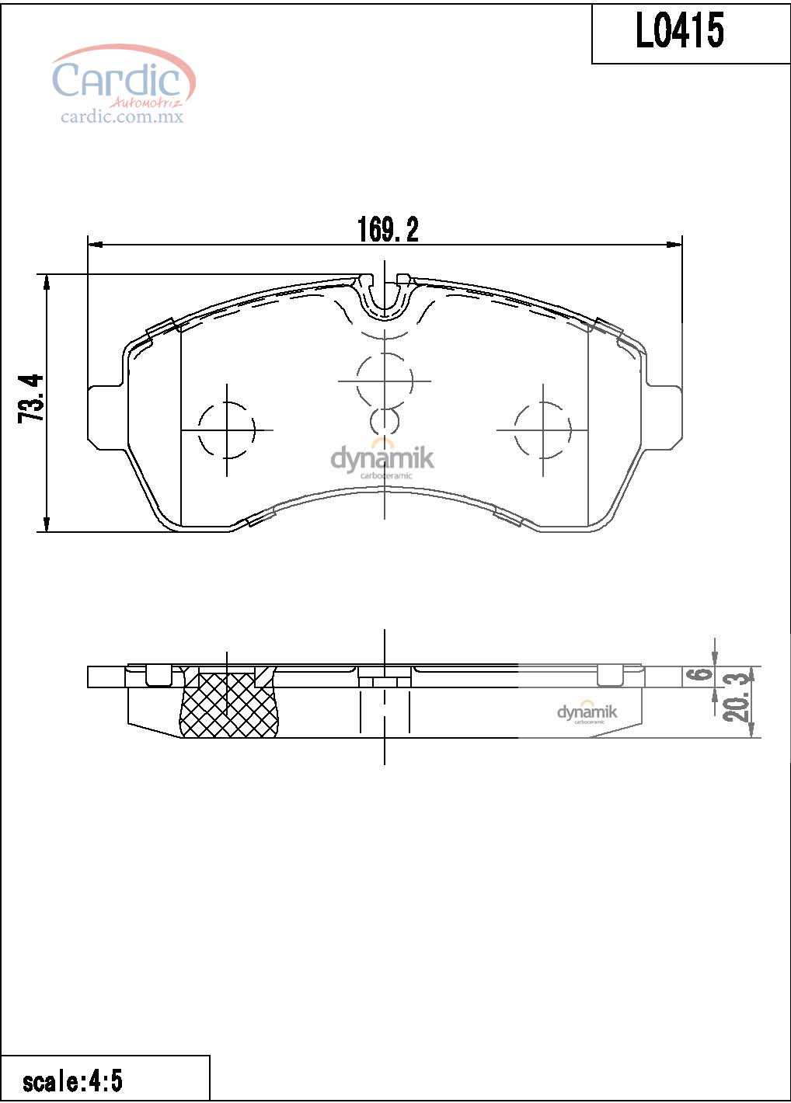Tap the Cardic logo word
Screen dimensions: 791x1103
click(117, 78)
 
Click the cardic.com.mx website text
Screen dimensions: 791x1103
click(122, 117)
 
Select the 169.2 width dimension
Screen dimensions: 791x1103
click(388, 229)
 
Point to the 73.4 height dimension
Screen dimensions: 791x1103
click(30, 398)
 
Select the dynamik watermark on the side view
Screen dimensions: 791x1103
click(587, 712)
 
